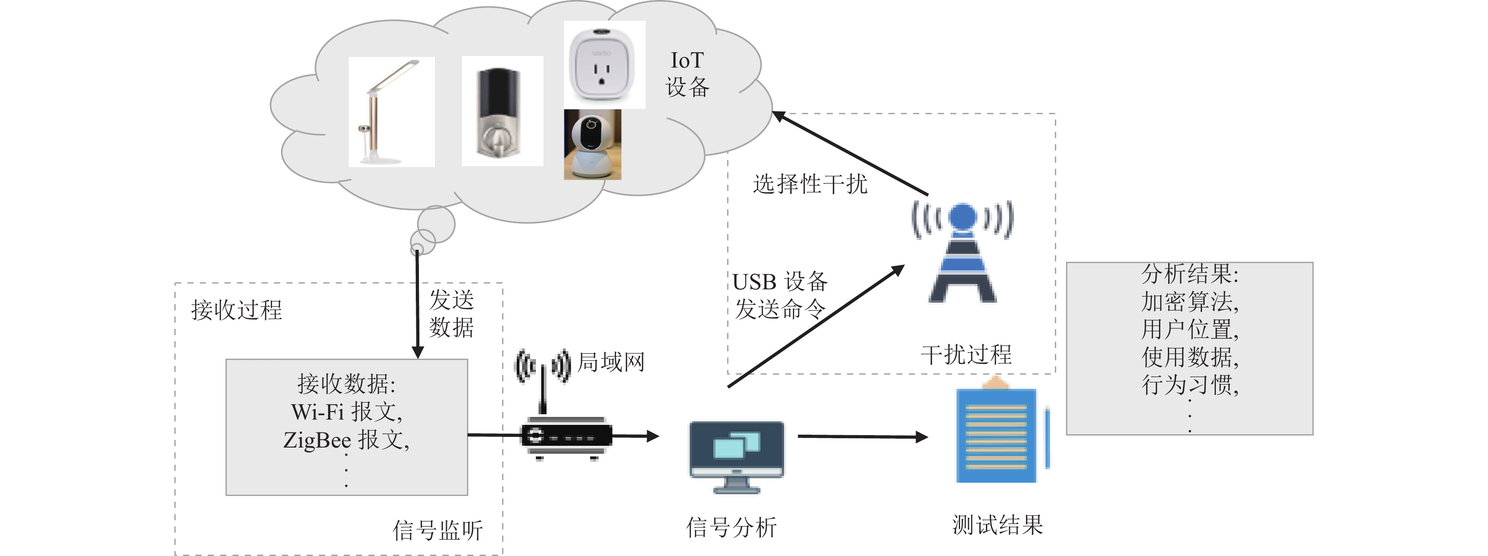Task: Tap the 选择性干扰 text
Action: pyautogui.click(x=810, y=184)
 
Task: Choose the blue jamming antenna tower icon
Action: pyautogui.click(x=962, y=251)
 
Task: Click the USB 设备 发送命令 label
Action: pyautogui.click(x=780, y=295)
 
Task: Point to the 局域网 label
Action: pyautogui.click(x=611, y=362)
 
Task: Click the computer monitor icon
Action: pyautogui.click(x=736, y=456)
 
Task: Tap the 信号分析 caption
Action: pyautogui.click(x=731, y=527)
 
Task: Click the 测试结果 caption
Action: pyautogui.click(x=997, y=525)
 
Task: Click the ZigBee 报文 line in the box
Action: pyautogui.click(x=346, y=440)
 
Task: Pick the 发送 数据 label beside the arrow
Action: pyautogui.click(x=451, y=313)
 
